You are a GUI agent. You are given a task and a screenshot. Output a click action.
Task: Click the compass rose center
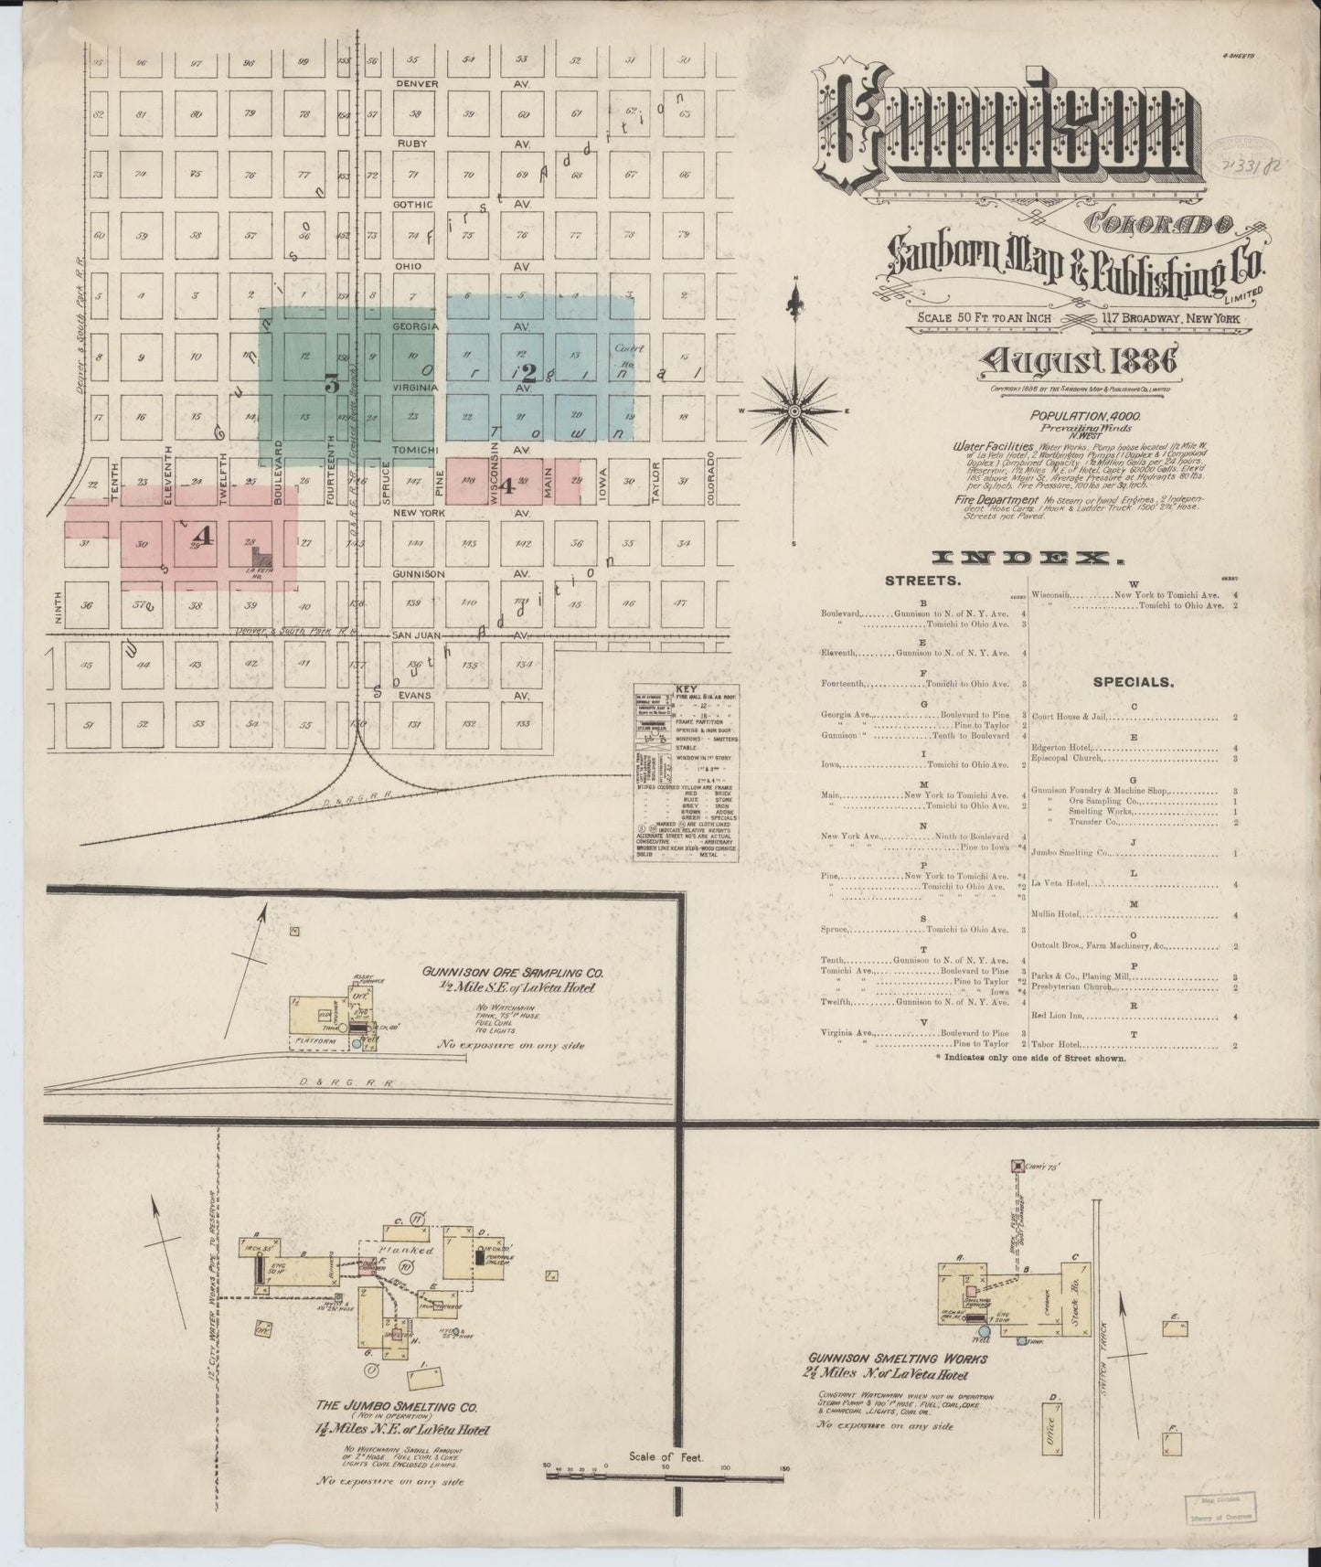(794, 411)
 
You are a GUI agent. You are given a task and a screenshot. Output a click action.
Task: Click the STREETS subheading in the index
(922, 581)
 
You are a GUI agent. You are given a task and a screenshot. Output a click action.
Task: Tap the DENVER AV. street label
(418, 83)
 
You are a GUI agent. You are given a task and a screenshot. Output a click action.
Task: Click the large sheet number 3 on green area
(331, 386)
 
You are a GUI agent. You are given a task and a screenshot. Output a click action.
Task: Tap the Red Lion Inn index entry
(1057, 1016)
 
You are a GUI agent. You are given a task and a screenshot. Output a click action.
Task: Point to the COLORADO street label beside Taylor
(709, 478)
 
